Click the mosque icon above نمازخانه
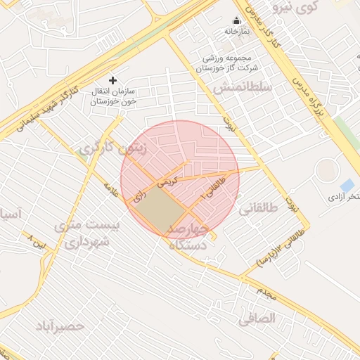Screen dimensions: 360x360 (x=236, y=21)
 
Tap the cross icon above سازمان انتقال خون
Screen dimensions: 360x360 (x=112, y=81)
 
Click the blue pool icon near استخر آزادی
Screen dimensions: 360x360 (x=346, y=186)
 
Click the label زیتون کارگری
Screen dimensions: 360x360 (x=105, y=148)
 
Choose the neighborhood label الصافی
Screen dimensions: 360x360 (x=258, y=318)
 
